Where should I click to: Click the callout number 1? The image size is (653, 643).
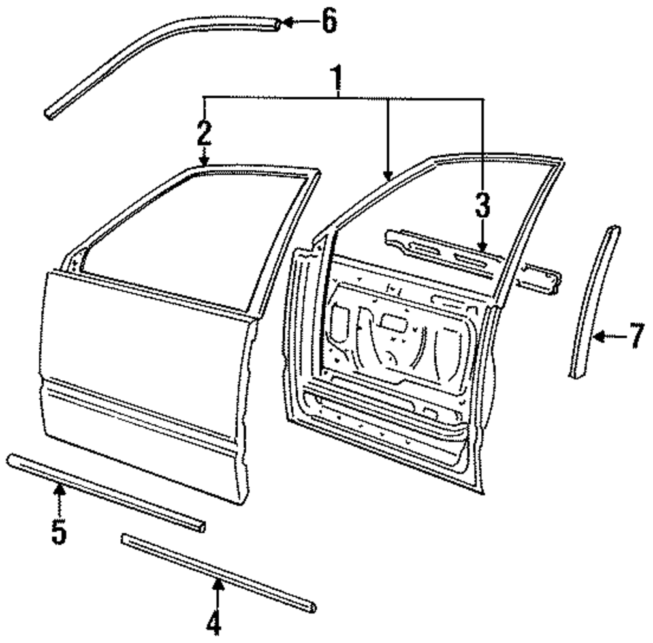click(338, 80)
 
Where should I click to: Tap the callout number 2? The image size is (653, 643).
click(204, 133)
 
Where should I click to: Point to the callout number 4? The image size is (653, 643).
click(215, 623)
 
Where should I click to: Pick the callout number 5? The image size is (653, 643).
click(59, 531)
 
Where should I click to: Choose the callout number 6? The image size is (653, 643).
click(328, 22)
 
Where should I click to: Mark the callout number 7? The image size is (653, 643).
click(637, 339)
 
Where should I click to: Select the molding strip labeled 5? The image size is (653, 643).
click(104, 490)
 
